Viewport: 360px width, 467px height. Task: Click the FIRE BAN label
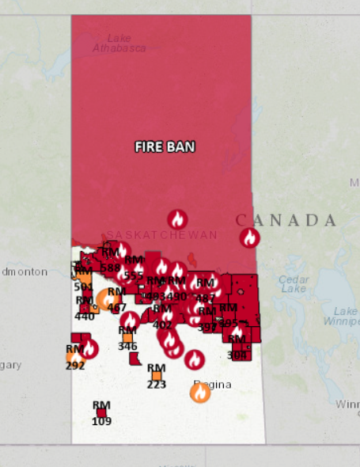point(164,146)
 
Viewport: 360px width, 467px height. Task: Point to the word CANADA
point(286,219)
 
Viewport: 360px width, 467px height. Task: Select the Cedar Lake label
point(293,283)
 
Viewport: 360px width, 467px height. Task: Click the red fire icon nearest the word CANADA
point(250,237)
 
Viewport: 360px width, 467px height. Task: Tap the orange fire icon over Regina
point(200,392)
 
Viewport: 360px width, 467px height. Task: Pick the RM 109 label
point(101,413)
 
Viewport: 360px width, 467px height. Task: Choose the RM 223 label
point(156,377)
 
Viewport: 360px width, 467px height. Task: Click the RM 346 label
point(127,338)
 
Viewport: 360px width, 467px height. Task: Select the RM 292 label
point(75,357)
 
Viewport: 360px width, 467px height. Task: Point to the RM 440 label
point(84,308)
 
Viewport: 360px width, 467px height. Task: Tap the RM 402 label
point(162,316)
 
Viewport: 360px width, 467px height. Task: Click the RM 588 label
point(111,260)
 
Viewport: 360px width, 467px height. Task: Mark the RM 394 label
point(208,319)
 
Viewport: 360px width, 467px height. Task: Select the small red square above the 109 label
point(101,412)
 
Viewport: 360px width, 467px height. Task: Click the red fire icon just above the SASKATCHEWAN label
point(178,219)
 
